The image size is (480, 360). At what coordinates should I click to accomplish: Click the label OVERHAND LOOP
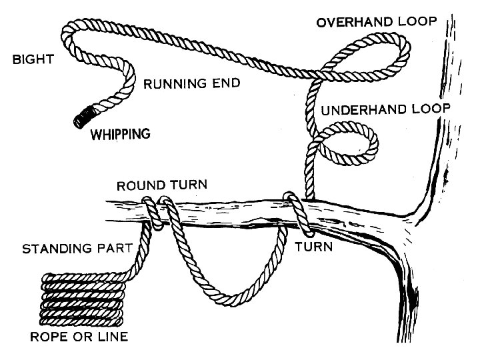[x=377, y=22]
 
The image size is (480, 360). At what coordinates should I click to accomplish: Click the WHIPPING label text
[x=120, y=135]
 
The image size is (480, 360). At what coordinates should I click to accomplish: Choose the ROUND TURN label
[x=162, y=185]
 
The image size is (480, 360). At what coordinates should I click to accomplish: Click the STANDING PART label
[x=78, y=250]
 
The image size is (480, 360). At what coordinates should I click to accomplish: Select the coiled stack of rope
[x=84, y=297]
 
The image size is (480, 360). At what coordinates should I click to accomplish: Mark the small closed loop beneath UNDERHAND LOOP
[x=350, y=147]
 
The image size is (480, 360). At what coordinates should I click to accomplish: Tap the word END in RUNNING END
[x=225, y=84]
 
